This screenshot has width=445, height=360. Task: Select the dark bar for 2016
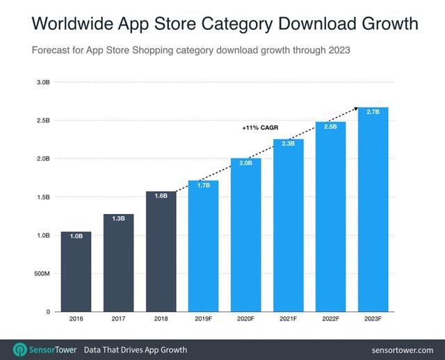point(76,271)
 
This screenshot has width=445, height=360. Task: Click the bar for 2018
point(161,251)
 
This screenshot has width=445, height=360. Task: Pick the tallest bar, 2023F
point(373,209)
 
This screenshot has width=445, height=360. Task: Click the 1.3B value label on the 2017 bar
point(118,218)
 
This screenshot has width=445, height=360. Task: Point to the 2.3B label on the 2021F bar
point(288,143)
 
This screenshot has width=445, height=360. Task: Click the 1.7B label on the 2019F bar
point(203,185)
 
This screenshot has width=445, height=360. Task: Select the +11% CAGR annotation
point(259,128)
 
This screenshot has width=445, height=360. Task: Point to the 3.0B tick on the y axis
point(42,82)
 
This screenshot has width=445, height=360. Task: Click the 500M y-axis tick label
point(41,274)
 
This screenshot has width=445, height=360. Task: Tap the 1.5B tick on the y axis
point(42,197)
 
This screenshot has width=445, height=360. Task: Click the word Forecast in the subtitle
point(53,50)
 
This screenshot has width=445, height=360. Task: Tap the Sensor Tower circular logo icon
point(21,349)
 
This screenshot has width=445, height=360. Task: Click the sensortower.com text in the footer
point(403,350)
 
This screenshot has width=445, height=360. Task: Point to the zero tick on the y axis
point(48,312)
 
